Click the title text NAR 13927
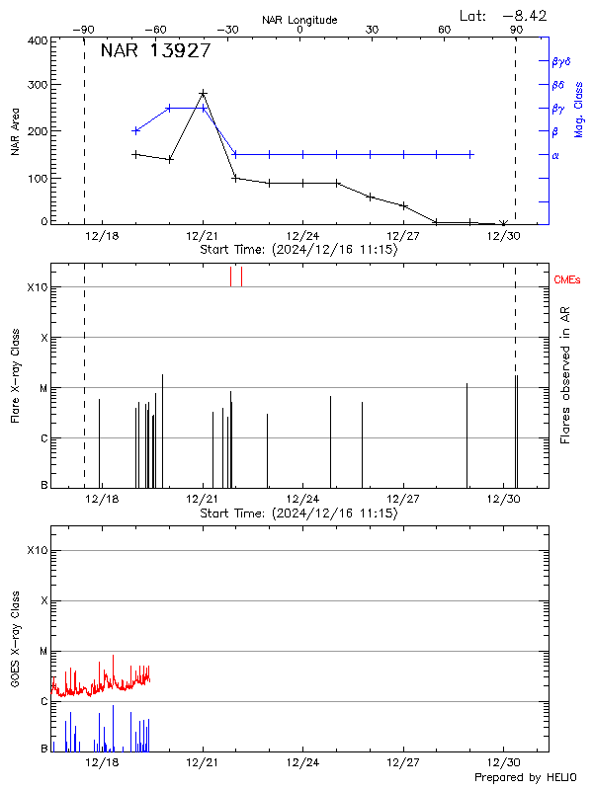[x=155, y=51]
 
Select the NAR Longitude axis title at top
[x=299, y=20]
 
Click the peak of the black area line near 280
[x=203, y=94]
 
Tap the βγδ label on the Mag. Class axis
[x=559, y=61]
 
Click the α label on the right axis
[x=554, y=155]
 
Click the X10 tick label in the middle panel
[x=37, y=287]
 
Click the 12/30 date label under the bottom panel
[x=504, y=762]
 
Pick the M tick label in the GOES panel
[x=42, y=652]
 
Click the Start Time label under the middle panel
[x=298, y=513]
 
